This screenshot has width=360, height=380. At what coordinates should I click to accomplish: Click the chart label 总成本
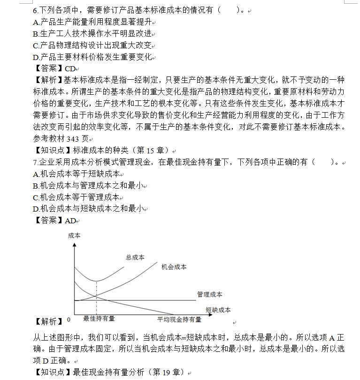tap(135, 257)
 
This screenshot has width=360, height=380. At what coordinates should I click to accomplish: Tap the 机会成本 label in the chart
tap(174, 266)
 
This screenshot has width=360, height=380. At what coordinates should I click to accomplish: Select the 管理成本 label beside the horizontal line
tap(210, 295)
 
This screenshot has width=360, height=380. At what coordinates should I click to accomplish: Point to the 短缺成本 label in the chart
tap(218, 310)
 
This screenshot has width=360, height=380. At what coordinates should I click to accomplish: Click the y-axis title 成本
tap(74, 235)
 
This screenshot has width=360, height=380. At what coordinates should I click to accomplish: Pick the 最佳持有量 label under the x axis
tap(99, 319)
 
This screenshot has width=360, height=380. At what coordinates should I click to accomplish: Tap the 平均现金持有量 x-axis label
tap(179, 319)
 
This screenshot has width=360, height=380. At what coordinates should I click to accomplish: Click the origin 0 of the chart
tap(69, 319)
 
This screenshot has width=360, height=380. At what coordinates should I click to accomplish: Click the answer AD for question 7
tap(70, 220)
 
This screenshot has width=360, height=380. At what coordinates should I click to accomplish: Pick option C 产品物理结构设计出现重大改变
tap(94, 46)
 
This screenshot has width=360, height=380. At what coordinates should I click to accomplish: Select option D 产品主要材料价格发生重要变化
tap(94, 57)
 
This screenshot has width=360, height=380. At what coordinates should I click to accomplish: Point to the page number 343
tap(73, 139)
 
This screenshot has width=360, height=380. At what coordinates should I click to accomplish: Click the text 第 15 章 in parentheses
tap(150, 151)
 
